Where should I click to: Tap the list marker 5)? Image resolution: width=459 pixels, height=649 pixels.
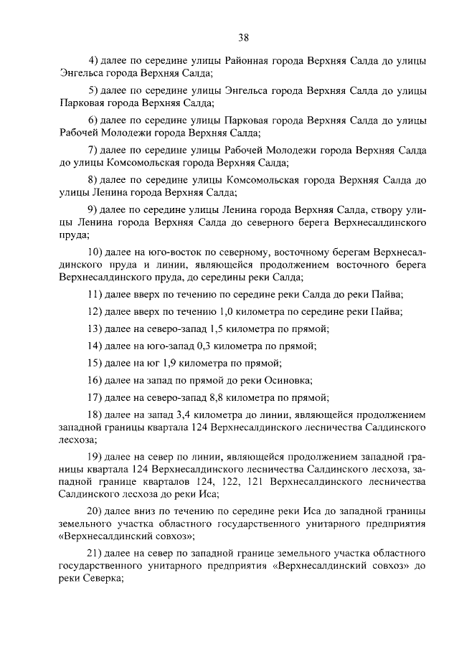click(93, 92)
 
